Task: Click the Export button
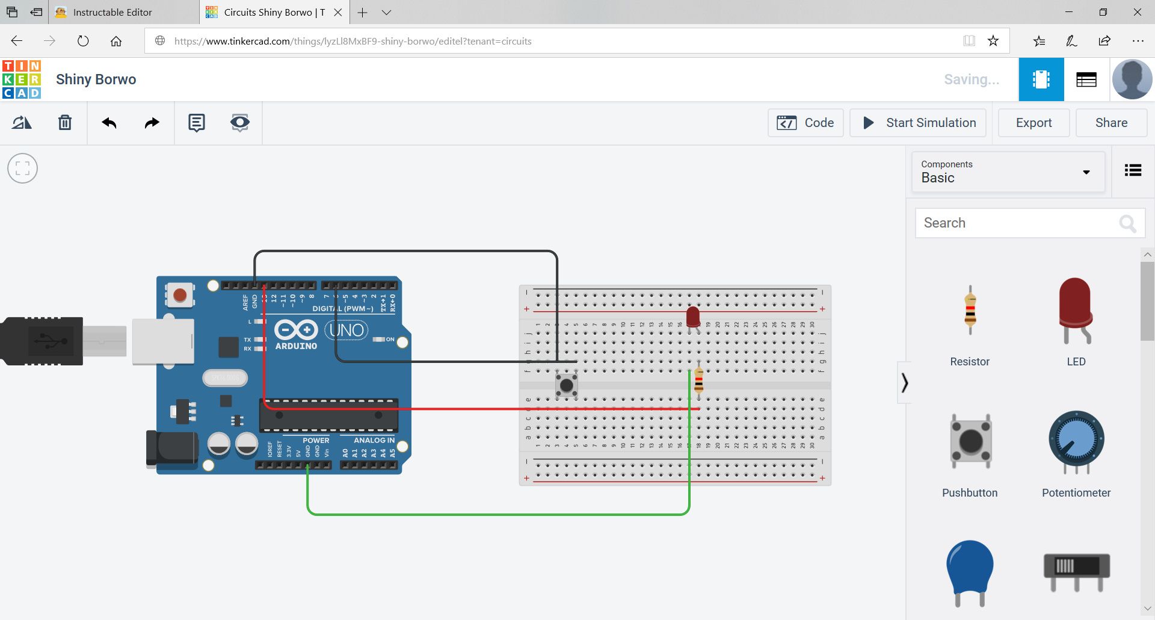(x=1033, y=123)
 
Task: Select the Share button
(x=1110, y=123)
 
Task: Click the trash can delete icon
(x=65, y=123)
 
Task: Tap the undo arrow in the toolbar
(x=109, y=123)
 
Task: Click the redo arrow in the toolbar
(x=152, y=123)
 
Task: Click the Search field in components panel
(x=1017, y=223)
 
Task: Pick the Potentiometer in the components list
(x=1076, y=442)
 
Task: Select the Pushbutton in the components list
(x=970, y=442)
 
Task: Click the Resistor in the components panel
(x=970, y=310)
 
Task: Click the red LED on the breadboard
(x=693, y=316)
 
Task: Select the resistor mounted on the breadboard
(x=698, y=380)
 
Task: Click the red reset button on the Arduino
(x=179, y=295)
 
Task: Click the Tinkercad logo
(x=22, y=79)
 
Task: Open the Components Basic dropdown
(x=1008, y=172)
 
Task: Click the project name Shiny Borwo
(x=96, y=79)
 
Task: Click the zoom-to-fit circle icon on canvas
(x=22, y=169)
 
